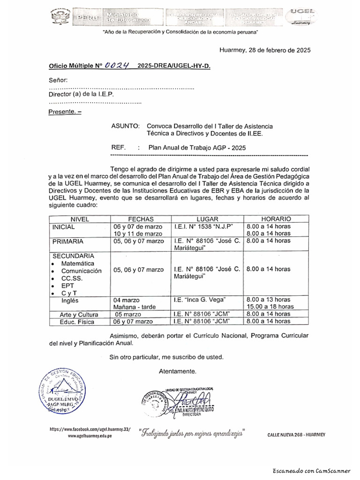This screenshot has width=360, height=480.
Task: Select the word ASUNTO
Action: click(126, 126)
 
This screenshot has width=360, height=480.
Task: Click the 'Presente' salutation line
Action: click(65, 112)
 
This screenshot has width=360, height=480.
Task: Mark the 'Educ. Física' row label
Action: click(77, 322)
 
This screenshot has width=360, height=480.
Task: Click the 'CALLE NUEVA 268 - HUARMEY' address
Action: click(296, 435)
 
